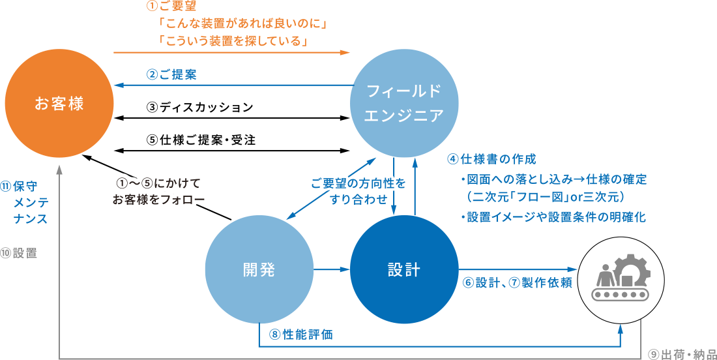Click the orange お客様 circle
tap(59, 104)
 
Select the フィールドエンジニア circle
tap(404, 103)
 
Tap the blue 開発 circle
tap(259, 269)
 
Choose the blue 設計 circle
tap(404, 269)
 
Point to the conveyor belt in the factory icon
tap(621, 293)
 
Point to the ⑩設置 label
tap(19, 253)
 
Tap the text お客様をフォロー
tap(160, 200)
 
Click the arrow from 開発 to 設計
tap(332, 269)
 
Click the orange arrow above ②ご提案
tap(231, 52)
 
